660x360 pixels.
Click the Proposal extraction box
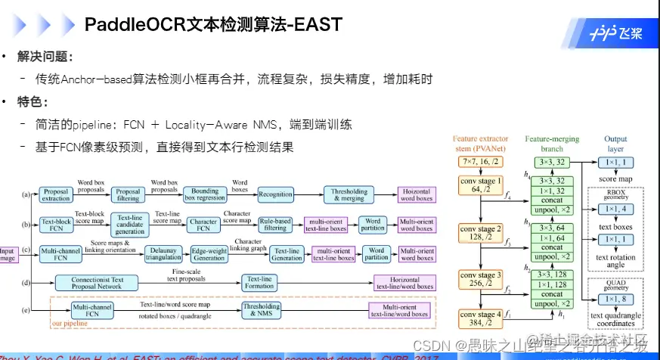tap(56, 195)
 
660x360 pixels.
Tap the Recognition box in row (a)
tap(275, 194)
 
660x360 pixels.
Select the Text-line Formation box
tap(259, 283)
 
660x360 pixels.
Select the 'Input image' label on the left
tap(8, 253)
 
